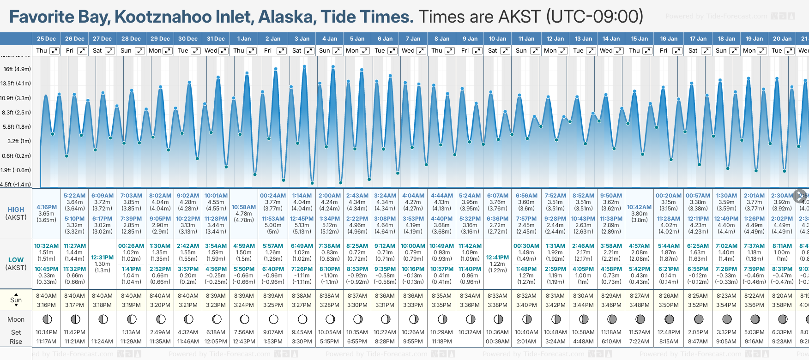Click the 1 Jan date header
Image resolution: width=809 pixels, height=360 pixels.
point(244,39)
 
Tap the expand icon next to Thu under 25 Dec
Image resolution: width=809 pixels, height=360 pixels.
point(54,51)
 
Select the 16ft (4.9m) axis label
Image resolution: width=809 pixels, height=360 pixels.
point(17,69)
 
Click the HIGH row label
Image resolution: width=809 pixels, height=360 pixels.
point(16,210)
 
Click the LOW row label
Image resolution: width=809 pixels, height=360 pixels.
point(16,260)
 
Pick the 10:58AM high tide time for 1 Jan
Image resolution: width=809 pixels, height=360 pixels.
point(244,207)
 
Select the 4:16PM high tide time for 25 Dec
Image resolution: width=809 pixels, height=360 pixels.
point(47,207)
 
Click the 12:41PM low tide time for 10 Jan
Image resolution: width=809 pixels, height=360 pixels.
point(497,258)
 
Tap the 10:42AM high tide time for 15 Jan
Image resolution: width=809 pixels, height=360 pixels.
point(640,207)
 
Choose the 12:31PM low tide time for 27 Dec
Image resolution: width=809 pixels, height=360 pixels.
point(103,258)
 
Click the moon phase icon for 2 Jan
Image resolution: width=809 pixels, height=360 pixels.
point(273,319)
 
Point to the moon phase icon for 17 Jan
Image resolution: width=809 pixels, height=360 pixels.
point(698,319)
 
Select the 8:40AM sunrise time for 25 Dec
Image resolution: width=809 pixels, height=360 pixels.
point(47,296)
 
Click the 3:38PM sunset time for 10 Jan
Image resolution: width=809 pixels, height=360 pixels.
point(497,305)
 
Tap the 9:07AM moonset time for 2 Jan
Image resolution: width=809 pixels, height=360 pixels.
point(273,332)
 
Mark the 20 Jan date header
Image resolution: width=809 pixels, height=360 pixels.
point(782,39)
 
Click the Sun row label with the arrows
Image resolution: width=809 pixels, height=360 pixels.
point(16,300)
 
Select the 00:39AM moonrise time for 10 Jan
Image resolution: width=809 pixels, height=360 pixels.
point(497,342)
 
